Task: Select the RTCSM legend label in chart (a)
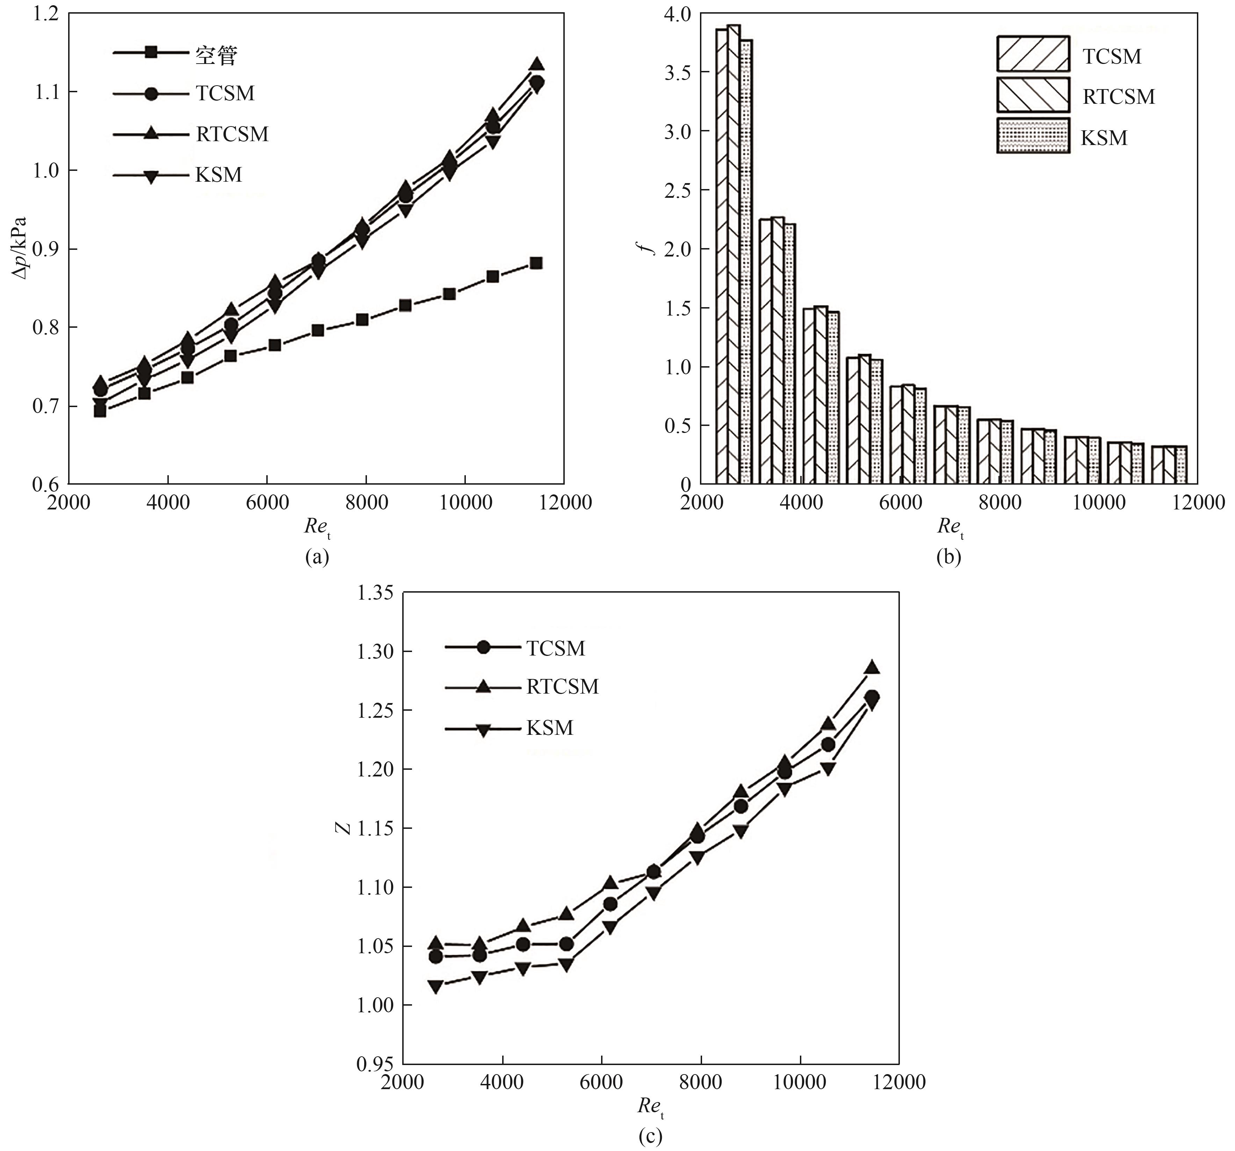coord(232,134)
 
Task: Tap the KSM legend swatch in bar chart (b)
coord(1033,136)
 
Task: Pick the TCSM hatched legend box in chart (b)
coord(1033,54)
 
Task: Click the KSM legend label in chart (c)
coord(550,728)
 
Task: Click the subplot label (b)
coord(948,557)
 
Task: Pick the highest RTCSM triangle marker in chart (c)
coord(872,668)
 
